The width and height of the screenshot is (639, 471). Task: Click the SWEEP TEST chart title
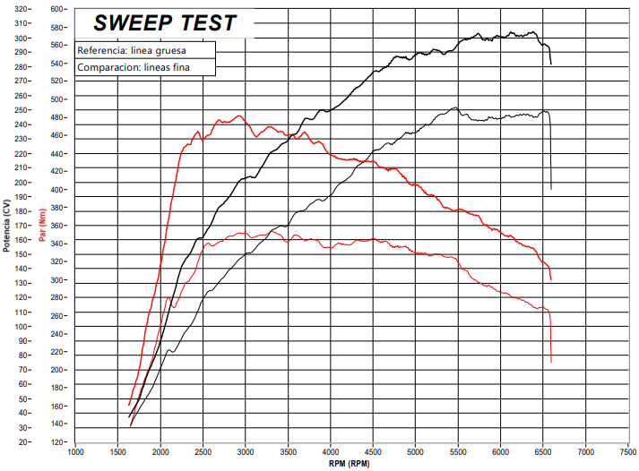[x=165, y=23]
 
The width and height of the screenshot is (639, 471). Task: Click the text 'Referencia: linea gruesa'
[x=132, y=51]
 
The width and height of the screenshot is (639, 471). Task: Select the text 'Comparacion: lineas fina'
[x=134, y=67]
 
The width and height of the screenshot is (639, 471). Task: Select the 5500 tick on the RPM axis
[x=458, y=453]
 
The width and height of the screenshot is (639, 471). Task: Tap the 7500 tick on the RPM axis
[x=628, y=453]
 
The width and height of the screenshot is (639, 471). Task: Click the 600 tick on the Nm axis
[x=57, y=9]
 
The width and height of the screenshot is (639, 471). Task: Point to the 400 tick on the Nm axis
[x=57, y=190]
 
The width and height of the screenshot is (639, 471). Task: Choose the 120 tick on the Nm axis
[x=57, y=442]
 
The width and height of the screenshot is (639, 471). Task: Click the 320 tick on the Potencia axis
[x=20, y=9]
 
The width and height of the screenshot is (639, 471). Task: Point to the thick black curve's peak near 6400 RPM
[x=532, y=32]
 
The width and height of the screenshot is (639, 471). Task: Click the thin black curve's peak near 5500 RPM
[x=455, y=108]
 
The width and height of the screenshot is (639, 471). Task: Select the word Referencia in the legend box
[x=101, y=51]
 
